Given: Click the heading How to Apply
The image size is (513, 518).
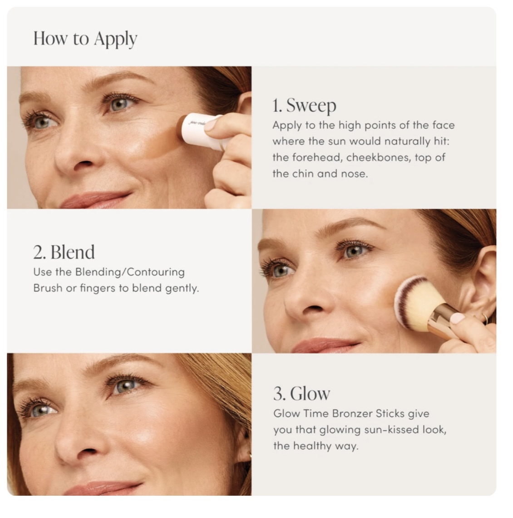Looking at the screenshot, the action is (x=85, y=39).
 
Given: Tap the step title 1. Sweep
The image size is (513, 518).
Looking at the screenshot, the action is (x=304, y=106).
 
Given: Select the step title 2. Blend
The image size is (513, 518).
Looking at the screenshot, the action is (x=64, y=252).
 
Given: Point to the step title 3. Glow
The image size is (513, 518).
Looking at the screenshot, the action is (x=301, y=394).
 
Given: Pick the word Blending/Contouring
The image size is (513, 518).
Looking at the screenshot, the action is (x=130, y=272).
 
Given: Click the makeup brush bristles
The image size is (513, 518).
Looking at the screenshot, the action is (x=415, y=303).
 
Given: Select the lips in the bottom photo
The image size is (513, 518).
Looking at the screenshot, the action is (x=103, y=489).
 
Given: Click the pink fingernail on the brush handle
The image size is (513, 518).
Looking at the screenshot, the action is (x=457, y=318).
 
